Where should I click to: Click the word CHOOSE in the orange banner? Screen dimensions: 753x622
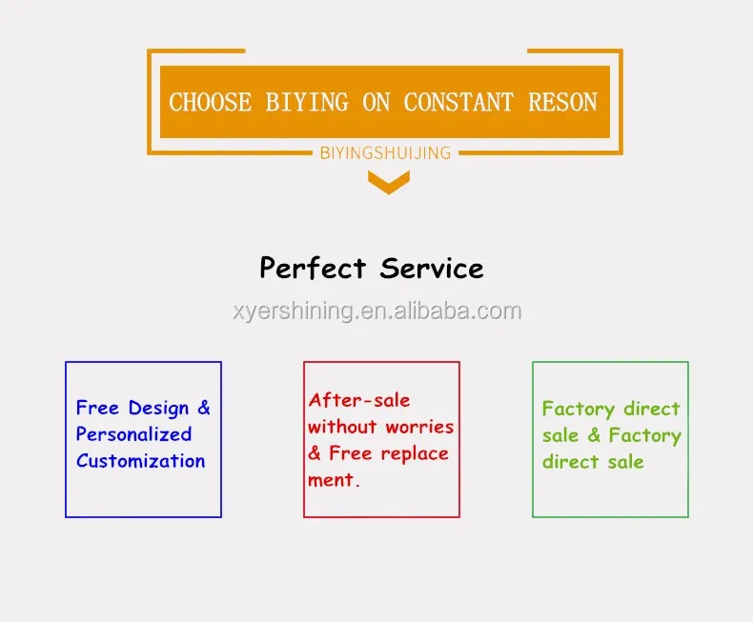tap(210, 102)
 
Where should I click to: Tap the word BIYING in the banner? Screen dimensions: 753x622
tap(307, 102)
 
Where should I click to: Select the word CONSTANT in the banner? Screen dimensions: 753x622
tap(458, 102)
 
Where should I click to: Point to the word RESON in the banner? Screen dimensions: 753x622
tap(562, 102)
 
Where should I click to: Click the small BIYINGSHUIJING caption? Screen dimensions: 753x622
tap(386, 153)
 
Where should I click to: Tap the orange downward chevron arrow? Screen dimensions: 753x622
tap(389, 182)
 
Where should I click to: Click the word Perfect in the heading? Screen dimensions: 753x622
tap(313, 269)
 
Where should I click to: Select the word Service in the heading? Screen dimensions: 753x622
tap(432, 269)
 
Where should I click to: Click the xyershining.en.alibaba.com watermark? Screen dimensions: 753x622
tap(377, 311)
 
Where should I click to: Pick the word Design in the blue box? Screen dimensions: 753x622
tap(158, 409)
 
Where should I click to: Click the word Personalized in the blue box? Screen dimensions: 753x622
tap(134, 434)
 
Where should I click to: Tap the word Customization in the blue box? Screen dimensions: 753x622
tap(141, 461)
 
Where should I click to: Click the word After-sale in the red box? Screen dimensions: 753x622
tap(359, 400)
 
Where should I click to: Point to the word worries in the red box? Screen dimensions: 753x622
tap(419, 427)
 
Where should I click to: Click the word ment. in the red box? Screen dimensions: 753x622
tap(334, 480)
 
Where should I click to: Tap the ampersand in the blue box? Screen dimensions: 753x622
tap(204, 408)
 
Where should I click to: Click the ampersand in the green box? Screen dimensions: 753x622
tap(594, 434)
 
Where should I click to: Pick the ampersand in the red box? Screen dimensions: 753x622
tap(315, 453)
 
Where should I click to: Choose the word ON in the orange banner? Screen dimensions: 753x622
tap(376, 102)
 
